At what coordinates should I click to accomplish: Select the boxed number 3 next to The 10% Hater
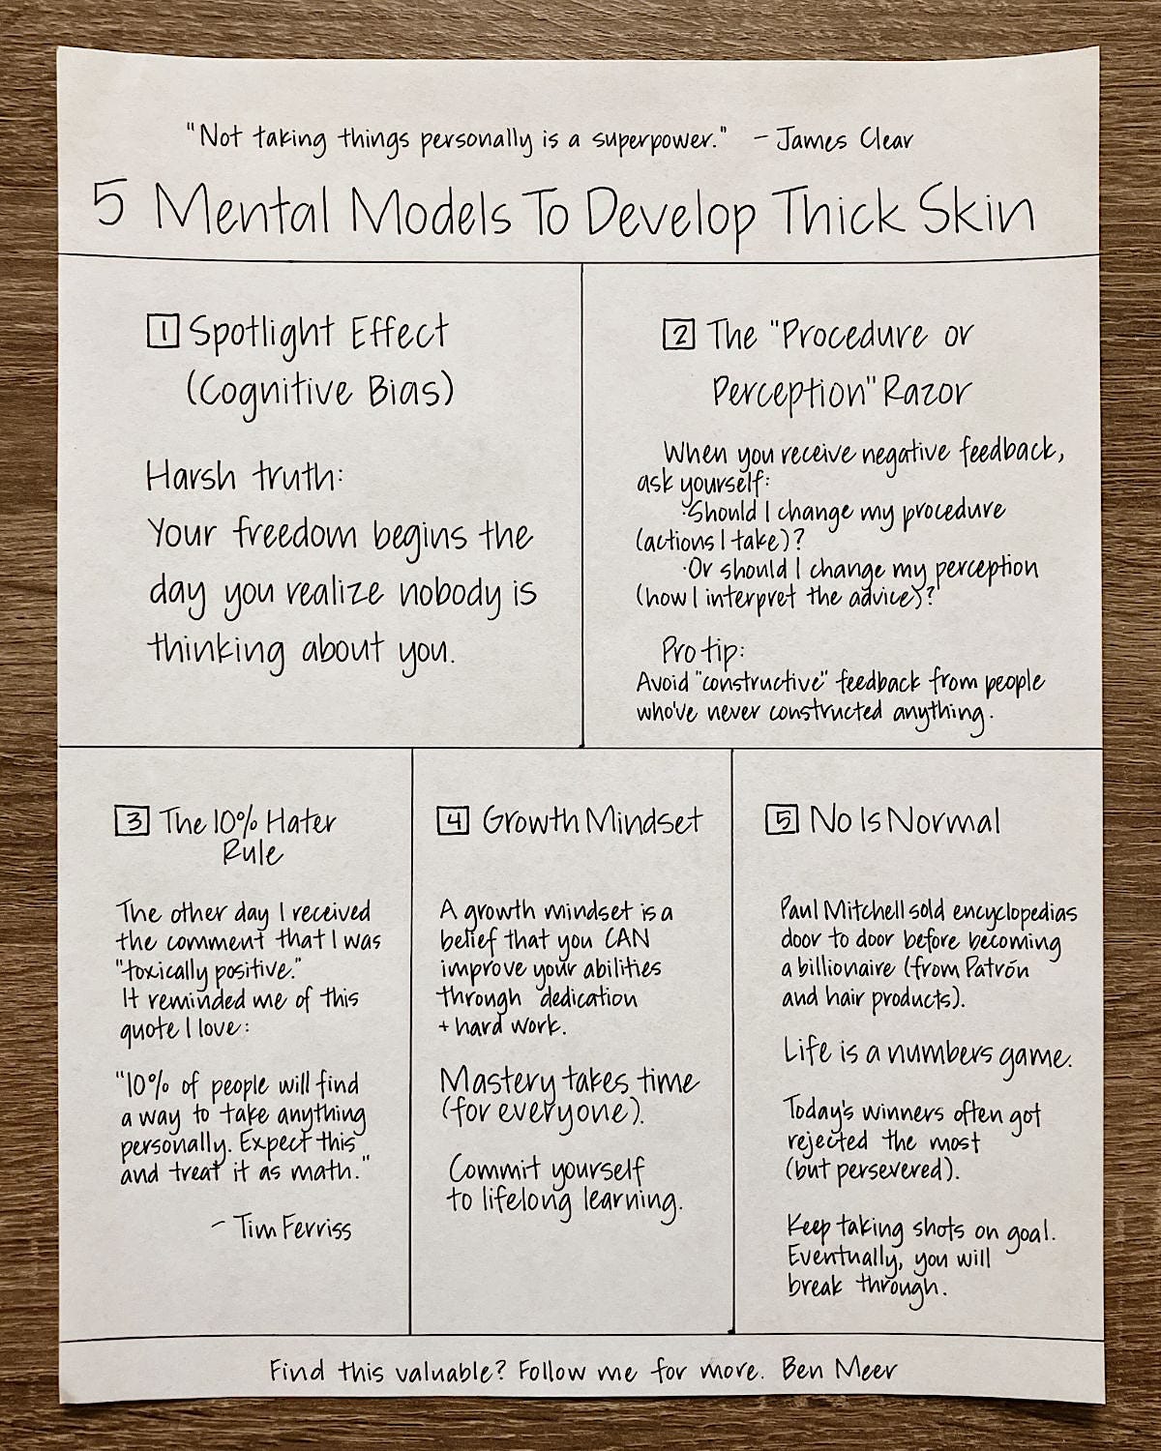[x=132, y=822]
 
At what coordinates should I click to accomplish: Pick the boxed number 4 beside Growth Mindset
[x=453, y=821]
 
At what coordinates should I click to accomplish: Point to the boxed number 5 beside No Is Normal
[x=782, y=820]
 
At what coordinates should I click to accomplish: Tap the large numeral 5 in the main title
[x=109, y=207]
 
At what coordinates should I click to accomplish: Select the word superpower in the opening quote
[x=653, y=139]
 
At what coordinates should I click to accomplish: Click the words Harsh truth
[x=244, y=476]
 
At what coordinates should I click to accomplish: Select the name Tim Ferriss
[x=292, y=1229]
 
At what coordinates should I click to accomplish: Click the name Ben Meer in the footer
[x=839, y=1370]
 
